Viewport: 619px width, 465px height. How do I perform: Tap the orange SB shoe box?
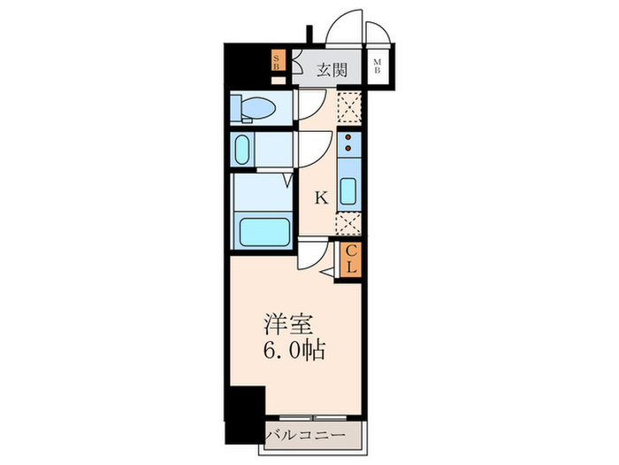pos(278,60)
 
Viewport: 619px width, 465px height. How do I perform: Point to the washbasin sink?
pos(242,150)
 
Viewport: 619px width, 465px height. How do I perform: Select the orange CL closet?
pos(350,260)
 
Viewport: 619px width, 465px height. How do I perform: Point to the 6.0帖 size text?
pos(294,350)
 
